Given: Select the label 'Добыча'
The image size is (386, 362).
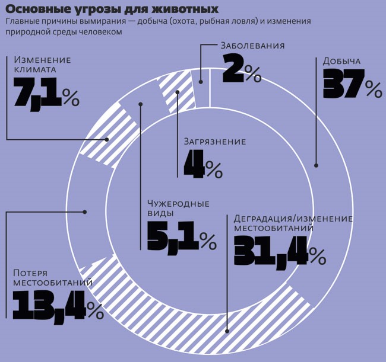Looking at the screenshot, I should [x=341, y=61].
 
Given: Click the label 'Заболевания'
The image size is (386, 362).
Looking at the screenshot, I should [x=252, y=46].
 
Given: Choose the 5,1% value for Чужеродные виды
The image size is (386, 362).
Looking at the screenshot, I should [x=178, y=238].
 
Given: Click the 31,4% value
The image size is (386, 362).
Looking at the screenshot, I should [x=279, y=251].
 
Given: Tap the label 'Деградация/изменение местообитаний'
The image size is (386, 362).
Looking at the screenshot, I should [x=293, y=223].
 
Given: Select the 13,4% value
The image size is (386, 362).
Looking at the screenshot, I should [x=57, y=306].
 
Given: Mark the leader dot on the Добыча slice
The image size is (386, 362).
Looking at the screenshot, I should [x=316, y=165].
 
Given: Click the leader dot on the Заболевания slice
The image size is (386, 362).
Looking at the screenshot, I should [x=201, y=82].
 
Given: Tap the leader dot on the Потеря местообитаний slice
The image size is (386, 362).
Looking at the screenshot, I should [x=86, y=211].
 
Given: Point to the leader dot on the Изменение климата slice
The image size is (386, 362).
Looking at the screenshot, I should [x=107, y=140].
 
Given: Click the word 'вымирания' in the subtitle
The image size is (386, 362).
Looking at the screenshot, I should [x=99, y=21].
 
